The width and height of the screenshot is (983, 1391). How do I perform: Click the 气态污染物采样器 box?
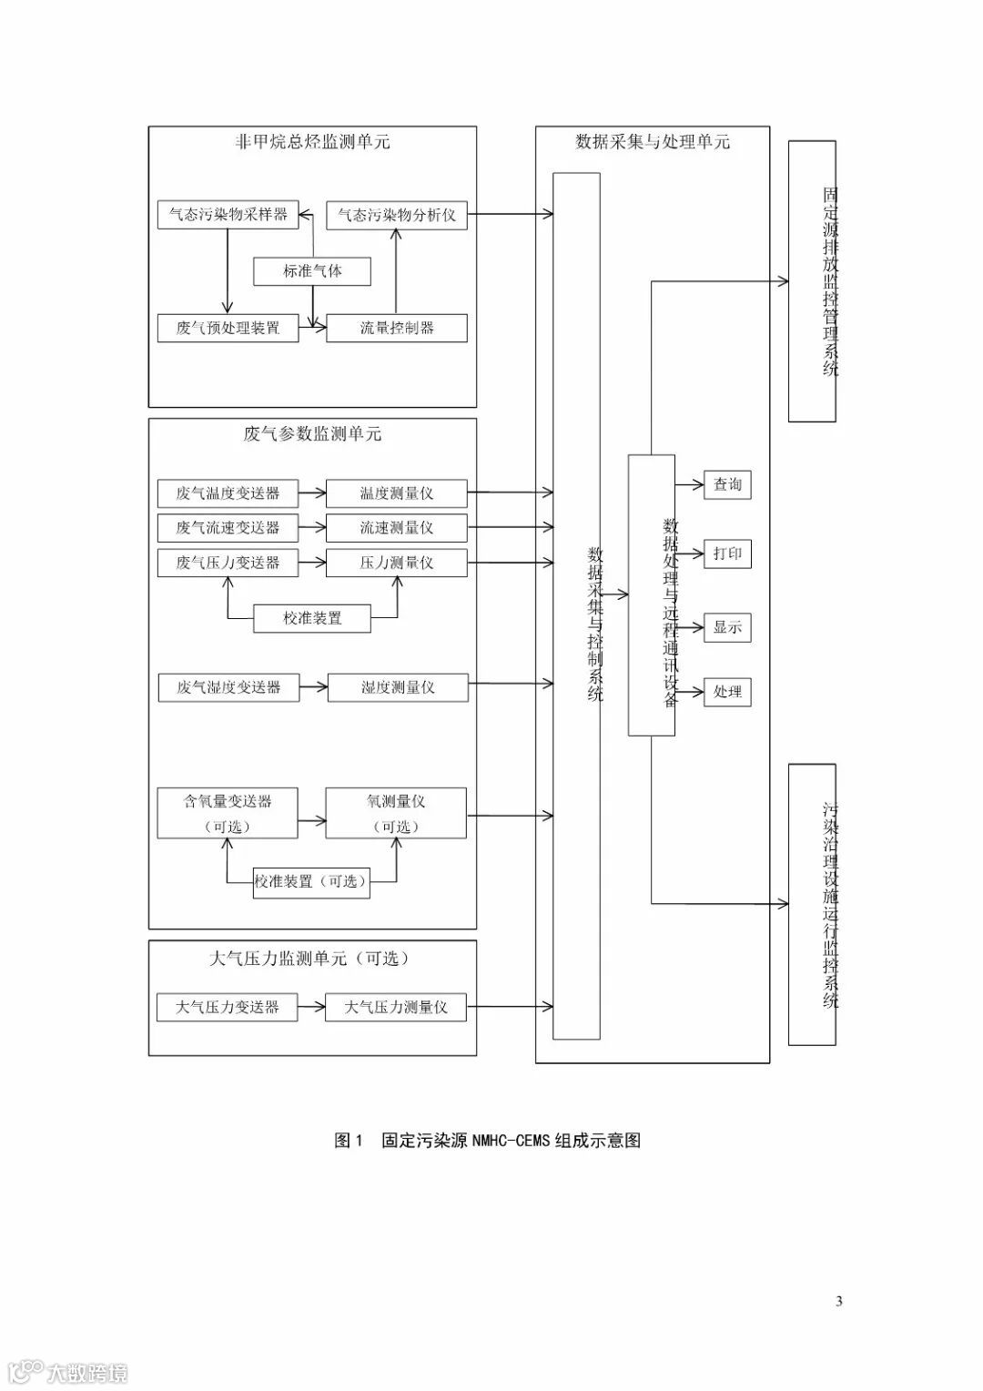click(x=228, y=215)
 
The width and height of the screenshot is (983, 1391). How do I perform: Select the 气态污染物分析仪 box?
click(x=396, y=215)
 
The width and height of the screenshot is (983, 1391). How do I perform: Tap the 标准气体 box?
click(x=312, y=270)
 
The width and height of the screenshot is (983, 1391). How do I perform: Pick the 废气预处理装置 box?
click(x=228, y=328)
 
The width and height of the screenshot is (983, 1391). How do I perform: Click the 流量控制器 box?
click(x=396, y=328)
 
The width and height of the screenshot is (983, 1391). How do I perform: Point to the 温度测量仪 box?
click(x=396, y=493)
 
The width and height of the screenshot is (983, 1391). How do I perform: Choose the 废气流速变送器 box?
click(x=228, y=528)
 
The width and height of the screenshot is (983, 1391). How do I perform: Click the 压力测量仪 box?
click(x=396, y=563)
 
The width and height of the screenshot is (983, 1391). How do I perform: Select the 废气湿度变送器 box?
click(x=228, y=687)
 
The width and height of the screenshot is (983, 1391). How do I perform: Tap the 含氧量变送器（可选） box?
click(x=228, y=813)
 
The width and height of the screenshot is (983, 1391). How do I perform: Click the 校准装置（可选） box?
click(x=311, y=882)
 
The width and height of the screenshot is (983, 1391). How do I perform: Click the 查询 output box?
click(x=727, y=484)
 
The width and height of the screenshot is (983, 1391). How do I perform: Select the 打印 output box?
click(x=727, y=553)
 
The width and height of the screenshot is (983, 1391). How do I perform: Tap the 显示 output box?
click(x=727, y=627)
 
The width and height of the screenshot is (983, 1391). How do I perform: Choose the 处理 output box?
click(x=727, y=692)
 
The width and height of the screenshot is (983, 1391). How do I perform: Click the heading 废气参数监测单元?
click(x=312, y=434)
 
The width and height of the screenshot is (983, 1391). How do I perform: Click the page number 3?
click(x=838, y=1301)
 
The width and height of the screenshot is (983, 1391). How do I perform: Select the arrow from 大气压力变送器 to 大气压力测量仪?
click(x=311, y=1007)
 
